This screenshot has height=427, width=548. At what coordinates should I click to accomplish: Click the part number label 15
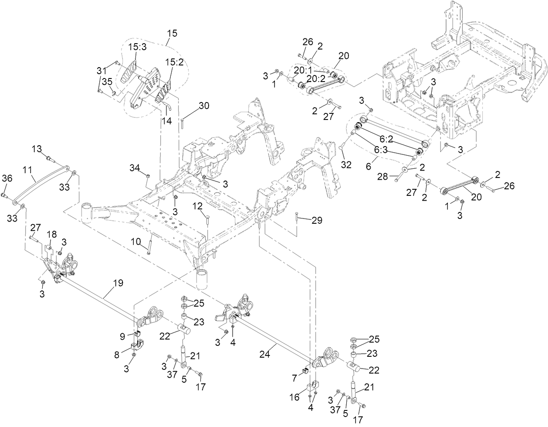pyautogui.click(x=172, y=33)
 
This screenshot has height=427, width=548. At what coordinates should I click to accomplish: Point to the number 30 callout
pyautogui.click(x=204, y=106)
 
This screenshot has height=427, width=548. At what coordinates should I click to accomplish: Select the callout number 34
pyautogui.click(x=135, y=167)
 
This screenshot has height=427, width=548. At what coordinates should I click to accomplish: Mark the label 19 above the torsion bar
pyautogui.click(x=118, y=283)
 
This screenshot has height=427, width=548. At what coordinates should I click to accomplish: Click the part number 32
pyautogui.click(x=346, y=164)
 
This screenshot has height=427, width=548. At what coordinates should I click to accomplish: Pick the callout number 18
pyautogui.click(x=52, y=234)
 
